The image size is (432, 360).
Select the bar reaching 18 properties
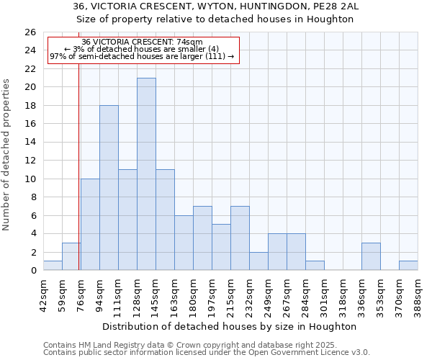[109, 188]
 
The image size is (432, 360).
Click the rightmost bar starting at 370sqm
[408, 266]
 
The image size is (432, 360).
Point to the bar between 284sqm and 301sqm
[315, 266]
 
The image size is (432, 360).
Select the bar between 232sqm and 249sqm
[258, 261]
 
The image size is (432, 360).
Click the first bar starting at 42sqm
[53, 266]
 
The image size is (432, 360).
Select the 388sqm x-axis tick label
[418, 294]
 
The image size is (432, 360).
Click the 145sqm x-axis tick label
[156, 294]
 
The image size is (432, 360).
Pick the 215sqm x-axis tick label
[230, 294]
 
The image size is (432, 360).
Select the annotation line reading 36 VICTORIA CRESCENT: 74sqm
[142, 42]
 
